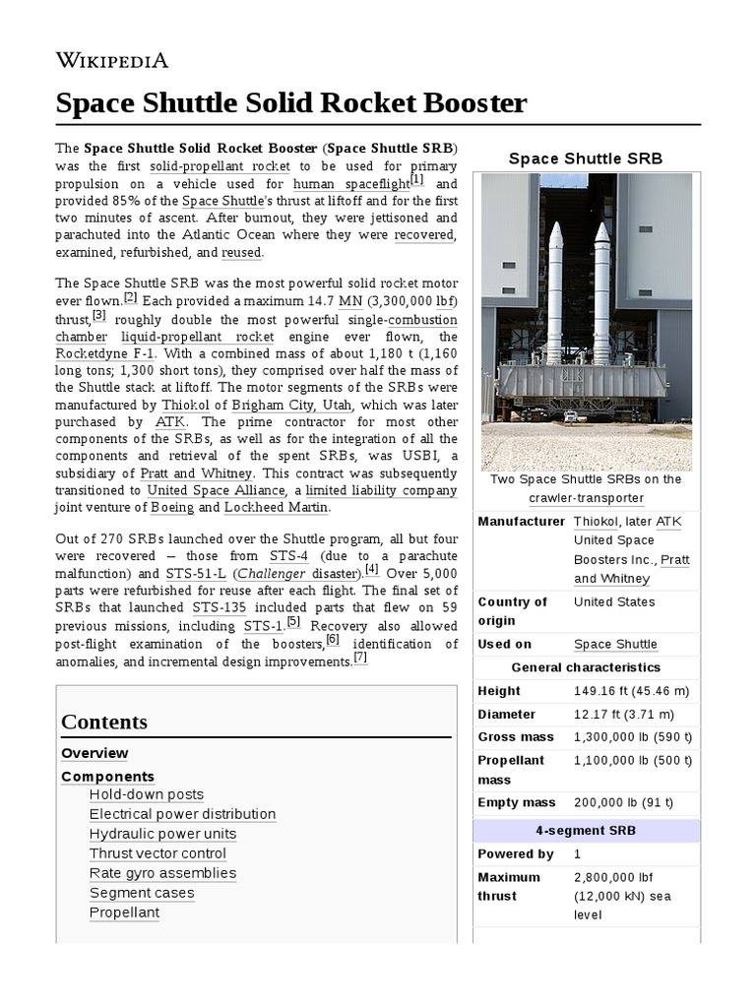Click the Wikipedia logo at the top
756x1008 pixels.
[112, 61]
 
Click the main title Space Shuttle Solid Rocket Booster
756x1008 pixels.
[291, 103]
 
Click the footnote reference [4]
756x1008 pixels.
[371, 569]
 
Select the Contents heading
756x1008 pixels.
[104, 722]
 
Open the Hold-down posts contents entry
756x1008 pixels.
[147, 794]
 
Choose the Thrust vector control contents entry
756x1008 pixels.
[157, 853]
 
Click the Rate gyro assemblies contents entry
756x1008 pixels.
[162, 873]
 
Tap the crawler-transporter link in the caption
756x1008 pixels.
[586, 498]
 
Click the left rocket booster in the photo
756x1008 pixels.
[555, 295]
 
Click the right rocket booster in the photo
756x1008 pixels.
[600, 295]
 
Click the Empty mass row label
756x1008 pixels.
[517, 802]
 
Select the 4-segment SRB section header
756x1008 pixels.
[586, 830]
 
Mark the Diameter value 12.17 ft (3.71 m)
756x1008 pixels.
[624, 714]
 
